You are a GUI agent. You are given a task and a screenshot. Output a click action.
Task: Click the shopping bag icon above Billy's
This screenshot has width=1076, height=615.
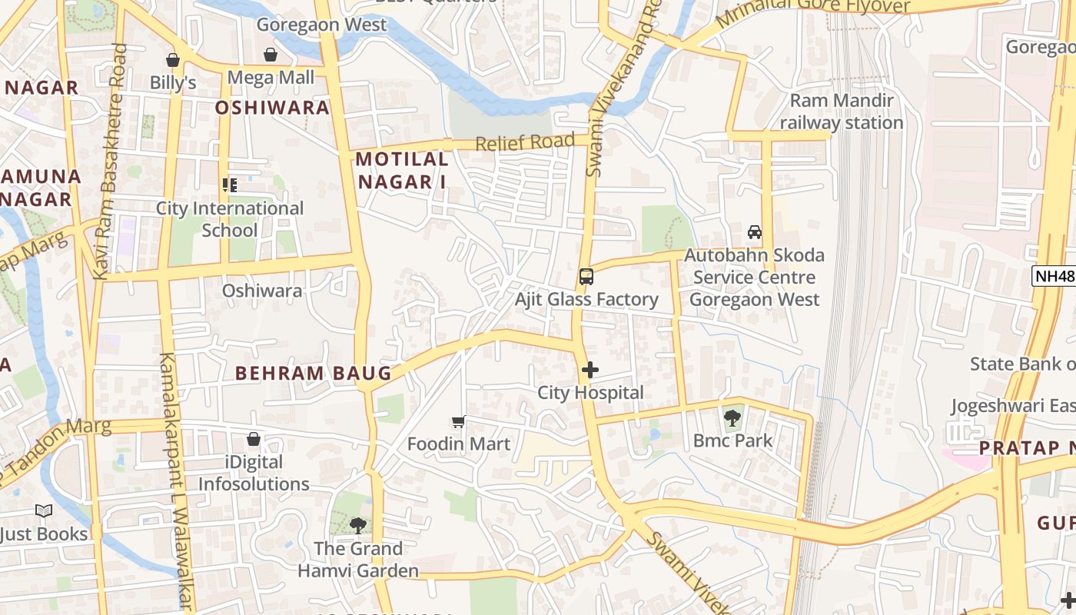[x=173, y=60]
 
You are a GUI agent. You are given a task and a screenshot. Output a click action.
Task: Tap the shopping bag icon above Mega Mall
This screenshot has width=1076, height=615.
[x=271, y=55]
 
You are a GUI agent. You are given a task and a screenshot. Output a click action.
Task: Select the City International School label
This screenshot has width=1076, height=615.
[x=230, y=219]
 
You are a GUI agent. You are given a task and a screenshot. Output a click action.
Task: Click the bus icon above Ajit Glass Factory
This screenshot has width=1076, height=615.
[x=586, y=277]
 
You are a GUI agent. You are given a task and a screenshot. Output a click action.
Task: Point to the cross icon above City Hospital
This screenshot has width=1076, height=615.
[x=590, y=371]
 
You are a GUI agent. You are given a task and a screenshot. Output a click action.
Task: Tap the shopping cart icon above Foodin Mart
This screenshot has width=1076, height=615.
[x=459, y=421]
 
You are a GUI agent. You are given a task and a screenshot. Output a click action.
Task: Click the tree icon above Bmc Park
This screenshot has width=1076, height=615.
[x=732, y=418]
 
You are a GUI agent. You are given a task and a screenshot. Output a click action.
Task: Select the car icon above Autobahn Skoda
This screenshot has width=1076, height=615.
[x=755, y=232]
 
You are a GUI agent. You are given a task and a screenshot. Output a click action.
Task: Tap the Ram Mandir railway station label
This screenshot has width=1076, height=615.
[x=842, y=111]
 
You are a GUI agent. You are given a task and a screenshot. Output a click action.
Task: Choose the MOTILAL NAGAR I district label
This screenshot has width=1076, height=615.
[x=402, y=171]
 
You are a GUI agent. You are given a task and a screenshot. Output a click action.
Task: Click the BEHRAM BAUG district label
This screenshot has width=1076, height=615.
[x=314, y=374]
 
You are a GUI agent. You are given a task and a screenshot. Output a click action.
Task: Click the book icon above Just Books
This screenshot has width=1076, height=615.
[x=44, y=511]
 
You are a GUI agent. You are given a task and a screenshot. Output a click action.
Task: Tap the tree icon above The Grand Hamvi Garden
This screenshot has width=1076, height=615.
[x=357, y=526]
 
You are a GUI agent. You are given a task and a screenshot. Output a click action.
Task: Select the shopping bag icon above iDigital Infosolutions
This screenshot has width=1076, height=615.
[x=254, y=439]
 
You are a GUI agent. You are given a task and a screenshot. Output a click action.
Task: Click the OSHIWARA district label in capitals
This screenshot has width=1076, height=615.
[x=272, y=108]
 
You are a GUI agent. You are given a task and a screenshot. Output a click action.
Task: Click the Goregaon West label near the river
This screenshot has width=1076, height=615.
[x=321, y=25]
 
